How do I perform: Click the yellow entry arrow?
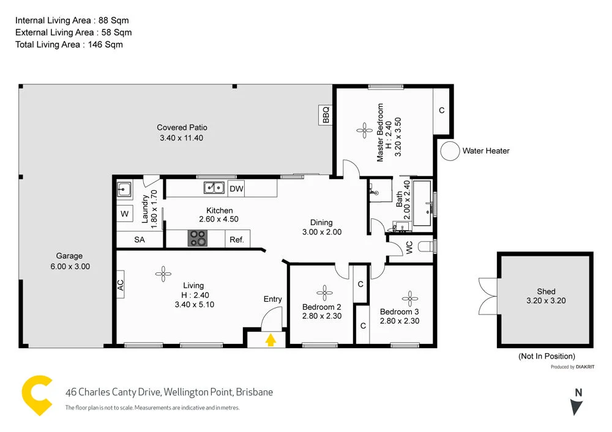click(271, 340)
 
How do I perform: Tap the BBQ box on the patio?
click(326, 114)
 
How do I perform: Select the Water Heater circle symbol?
click(450, 151)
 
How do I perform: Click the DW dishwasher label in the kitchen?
click(236, 188)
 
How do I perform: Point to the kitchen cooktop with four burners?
click(197, 238)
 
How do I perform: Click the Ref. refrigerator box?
click(237, 240)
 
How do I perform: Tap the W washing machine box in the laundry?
click(125, 214)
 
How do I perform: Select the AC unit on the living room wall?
click(121, 285)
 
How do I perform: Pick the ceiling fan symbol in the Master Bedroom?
click(365, 129)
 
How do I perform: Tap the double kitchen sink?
click(214, 188)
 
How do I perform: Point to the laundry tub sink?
click(125, 189)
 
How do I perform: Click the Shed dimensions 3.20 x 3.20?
click(546, 300)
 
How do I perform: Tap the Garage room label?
click(69, 256)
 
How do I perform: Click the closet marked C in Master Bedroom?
click(441, 111)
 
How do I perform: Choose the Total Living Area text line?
click(69, 44)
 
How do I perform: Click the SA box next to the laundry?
click(140, 240)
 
